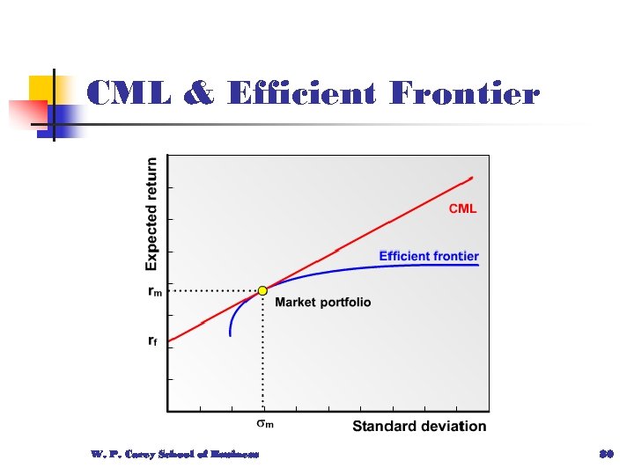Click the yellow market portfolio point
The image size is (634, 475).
click(x=262, y=289)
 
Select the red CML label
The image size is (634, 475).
click(x=463, y=208)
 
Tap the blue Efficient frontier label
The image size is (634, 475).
click(x=429, y=256)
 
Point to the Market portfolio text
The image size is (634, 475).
click(x=323, y=303)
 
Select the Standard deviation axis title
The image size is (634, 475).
click(x=419, y=427)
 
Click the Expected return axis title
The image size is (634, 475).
click(x=151, y=214)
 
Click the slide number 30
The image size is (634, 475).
click(x=606, y=454)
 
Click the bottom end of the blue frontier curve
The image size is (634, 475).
click(x=230, y=335)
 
